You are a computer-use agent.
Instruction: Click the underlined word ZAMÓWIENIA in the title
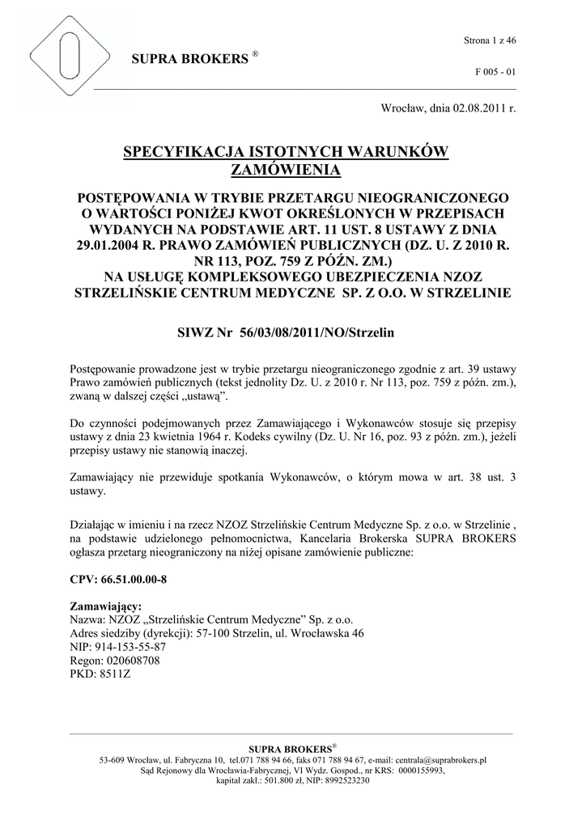tap(286, 170)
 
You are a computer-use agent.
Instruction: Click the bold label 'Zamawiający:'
tap(106, 606)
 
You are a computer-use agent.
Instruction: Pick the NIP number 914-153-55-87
tap(131, 647)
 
